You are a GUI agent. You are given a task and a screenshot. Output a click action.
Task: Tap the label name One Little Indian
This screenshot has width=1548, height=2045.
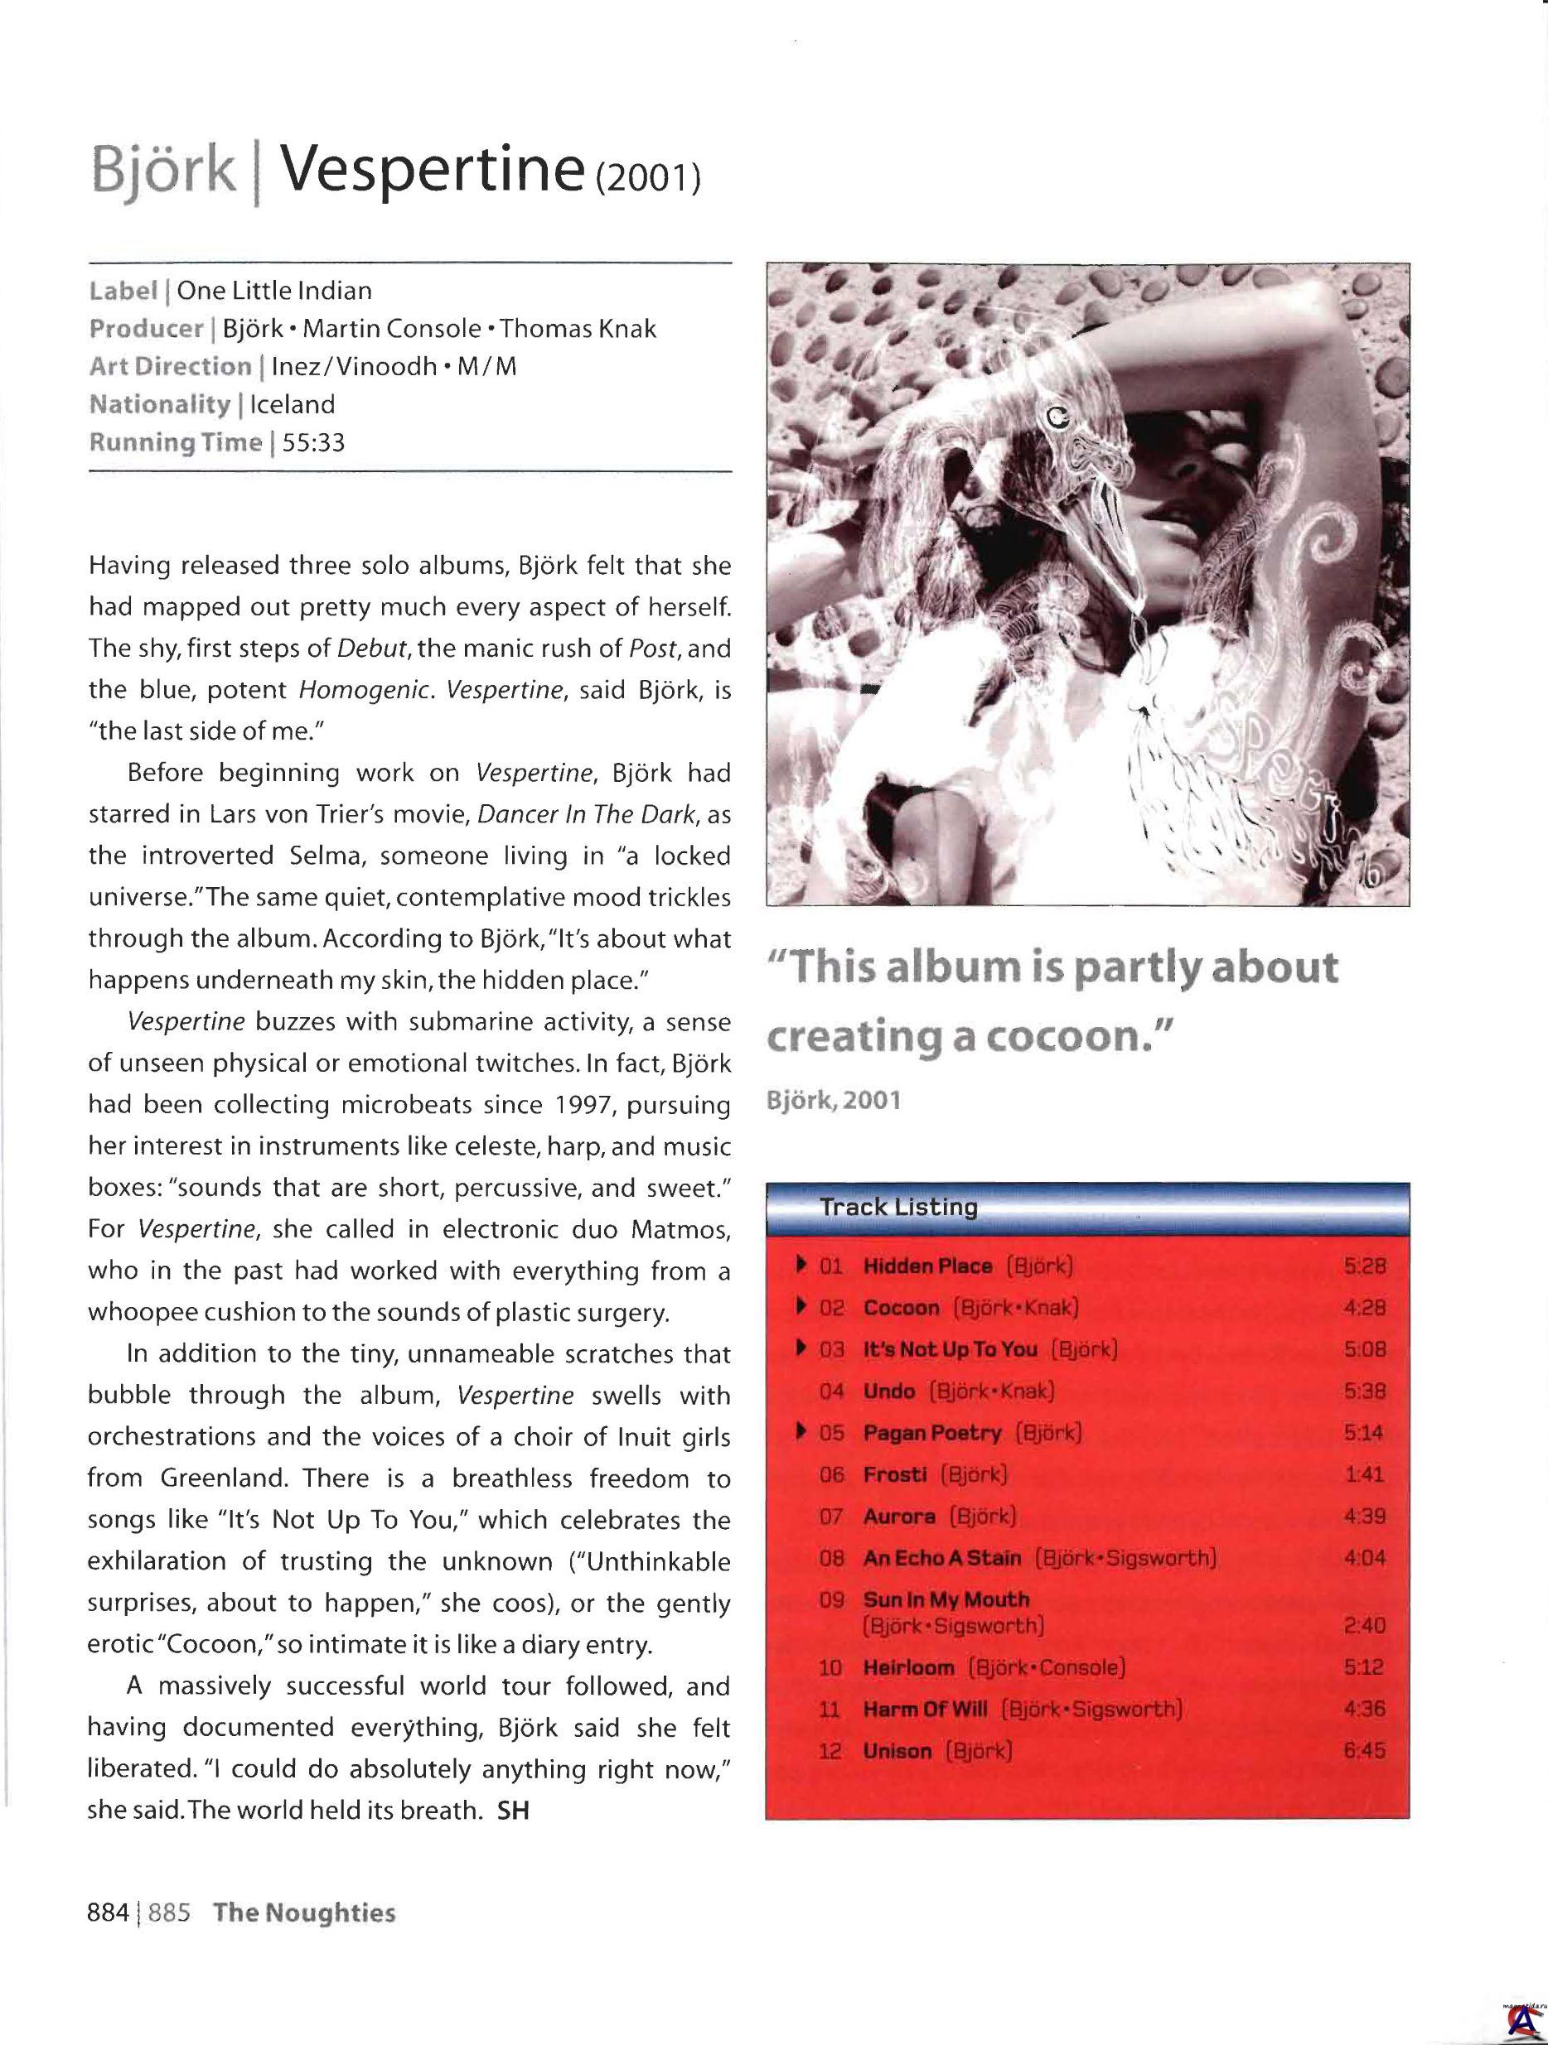(274, 292)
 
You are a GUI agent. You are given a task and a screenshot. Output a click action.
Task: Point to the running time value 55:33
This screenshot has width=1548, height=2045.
(313, 443)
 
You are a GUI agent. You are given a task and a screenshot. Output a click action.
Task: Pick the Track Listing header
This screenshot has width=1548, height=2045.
(899, 1208)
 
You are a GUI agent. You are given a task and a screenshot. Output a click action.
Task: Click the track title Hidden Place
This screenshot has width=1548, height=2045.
(926, 1266)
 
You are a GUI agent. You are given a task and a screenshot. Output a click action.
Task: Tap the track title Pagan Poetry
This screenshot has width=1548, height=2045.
(931, 1432)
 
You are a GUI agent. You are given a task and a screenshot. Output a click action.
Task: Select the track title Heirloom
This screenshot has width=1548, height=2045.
(907, 1668)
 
